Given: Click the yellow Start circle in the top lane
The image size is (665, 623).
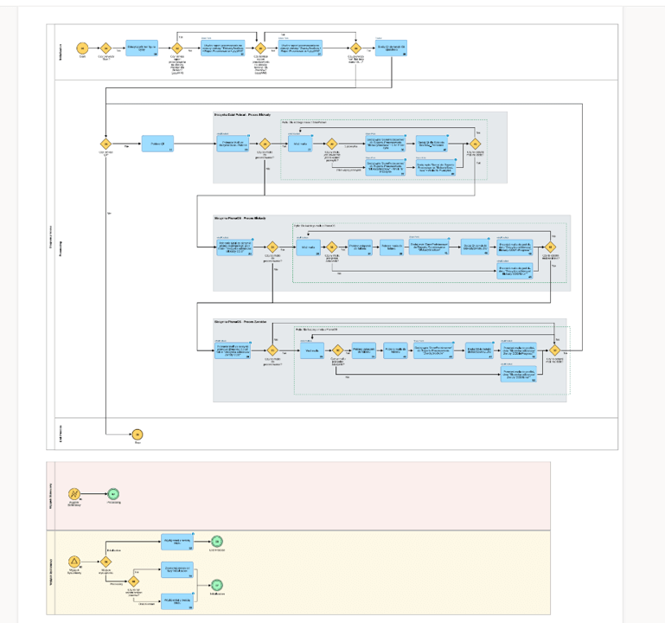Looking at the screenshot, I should coord(82,48).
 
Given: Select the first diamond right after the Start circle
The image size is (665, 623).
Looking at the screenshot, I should coord(106,48).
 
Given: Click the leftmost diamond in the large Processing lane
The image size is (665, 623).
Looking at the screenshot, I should coord(106,145).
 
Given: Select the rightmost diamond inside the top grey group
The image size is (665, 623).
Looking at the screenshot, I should coord(475,145).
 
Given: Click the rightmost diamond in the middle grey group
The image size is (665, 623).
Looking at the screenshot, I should coord(550,247).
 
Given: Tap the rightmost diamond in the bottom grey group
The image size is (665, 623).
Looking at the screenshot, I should coord(553,350).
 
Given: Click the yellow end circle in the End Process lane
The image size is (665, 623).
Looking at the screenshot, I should coord(137,434).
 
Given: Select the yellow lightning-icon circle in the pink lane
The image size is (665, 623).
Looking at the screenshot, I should coord(74,494).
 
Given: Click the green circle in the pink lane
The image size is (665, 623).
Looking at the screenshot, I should coord(113,494).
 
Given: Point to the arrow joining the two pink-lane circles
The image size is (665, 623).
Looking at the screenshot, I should coord(93,494).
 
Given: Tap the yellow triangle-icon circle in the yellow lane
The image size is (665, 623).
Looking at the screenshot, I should coord(74,561).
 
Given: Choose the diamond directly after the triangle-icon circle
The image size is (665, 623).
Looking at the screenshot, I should coord(106,561).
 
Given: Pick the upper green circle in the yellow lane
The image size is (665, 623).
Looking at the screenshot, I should coord(218,542).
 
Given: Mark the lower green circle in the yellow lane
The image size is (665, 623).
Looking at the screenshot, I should coord(218,584).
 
